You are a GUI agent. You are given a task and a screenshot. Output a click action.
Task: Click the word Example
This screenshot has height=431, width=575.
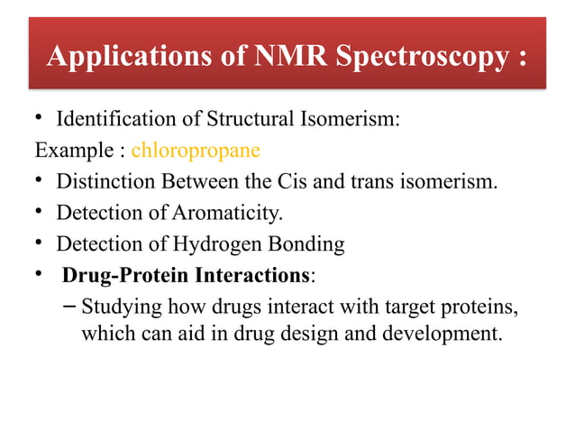[65, 151]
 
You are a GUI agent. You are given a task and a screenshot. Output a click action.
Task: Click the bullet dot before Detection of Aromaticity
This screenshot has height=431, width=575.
[41, 214]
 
